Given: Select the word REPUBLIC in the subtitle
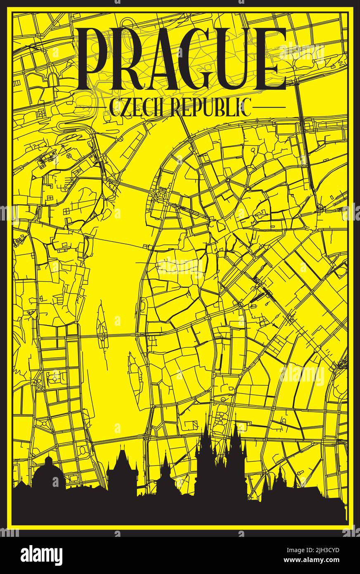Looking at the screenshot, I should pos(211,108).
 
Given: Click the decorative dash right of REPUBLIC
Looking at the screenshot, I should pos(269,108).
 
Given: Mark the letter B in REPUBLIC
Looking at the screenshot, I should pos(223,108).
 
